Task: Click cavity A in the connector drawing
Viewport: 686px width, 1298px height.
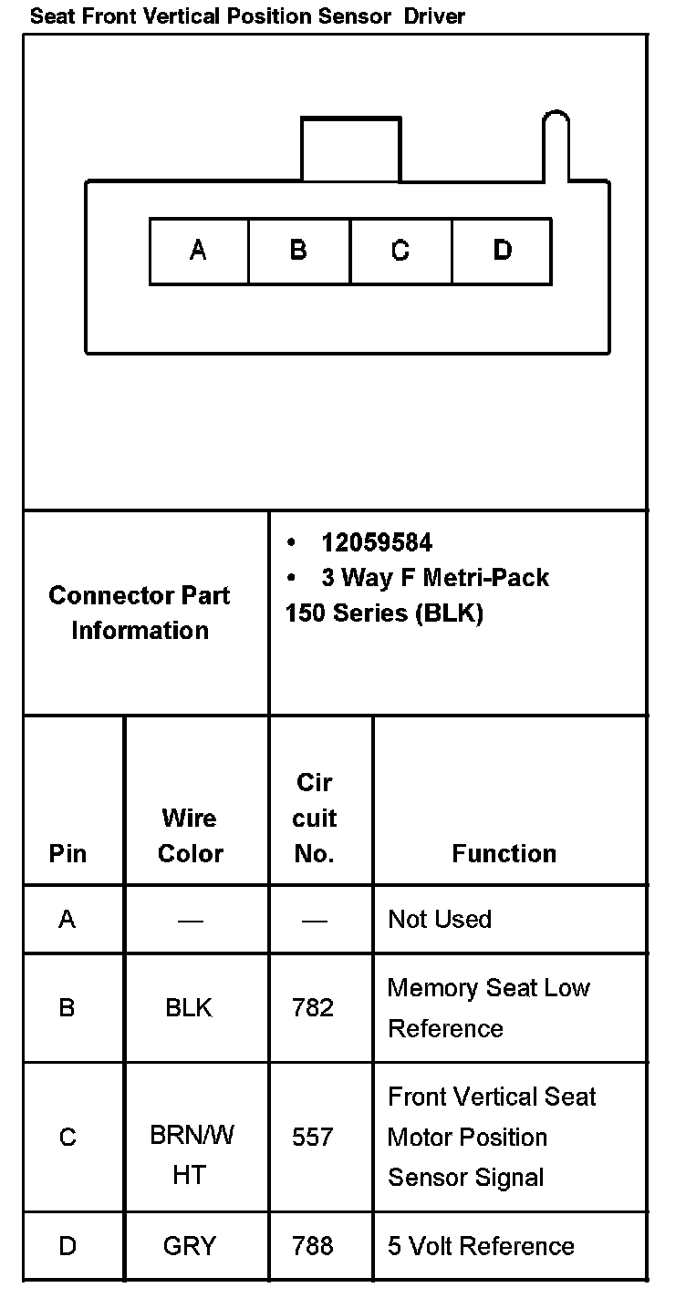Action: point(199,251)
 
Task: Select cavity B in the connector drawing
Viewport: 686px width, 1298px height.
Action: point(299,251)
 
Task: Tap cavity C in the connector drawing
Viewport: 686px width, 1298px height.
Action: point(400,251)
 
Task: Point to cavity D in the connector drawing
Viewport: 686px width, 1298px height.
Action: point(502,251)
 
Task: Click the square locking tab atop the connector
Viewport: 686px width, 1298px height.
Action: point(350,149)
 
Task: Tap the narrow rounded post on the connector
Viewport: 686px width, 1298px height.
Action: point(556,146)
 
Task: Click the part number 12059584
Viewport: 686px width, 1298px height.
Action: point(377,543)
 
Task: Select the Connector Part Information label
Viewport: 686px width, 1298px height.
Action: point(140,613)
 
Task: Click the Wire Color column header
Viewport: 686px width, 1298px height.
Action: point(190,835)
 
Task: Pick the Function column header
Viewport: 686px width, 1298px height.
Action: point(504,853)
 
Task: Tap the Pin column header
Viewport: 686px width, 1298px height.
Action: point(68,853)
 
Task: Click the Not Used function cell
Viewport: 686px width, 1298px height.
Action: point(440,919)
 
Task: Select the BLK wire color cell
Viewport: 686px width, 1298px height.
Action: point(189,1007)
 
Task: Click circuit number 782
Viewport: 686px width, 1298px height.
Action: point(313,1007)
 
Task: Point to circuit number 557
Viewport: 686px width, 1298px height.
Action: point(313,1137)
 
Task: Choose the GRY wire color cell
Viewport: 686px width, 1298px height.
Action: point(189,1245)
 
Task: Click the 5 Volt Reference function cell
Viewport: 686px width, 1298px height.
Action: point(481,1245)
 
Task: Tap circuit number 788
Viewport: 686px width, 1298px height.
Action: point(313,1245)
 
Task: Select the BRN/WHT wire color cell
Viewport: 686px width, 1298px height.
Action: point(191,1156)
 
